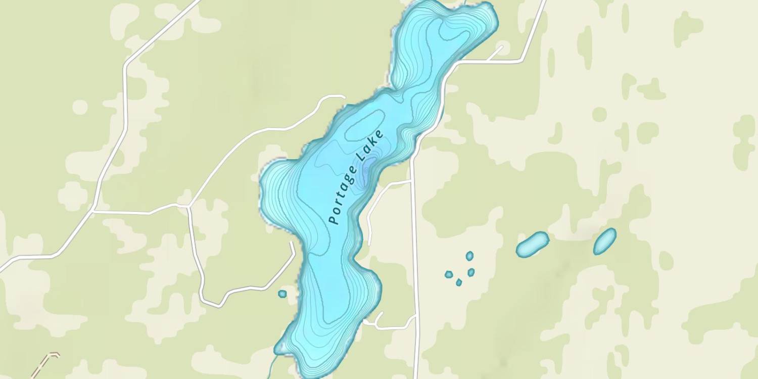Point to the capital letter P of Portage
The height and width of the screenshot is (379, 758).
(x=333, y=220)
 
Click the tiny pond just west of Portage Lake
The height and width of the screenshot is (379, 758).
(x=282, y=294)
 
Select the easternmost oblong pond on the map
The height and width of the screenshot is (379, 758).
(x=605, y=241)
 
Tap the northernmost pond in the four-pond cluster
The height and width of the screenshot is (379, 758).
(x=469, y=256)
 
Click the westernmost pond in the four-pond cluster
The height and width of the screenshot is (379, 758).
(x=448, y=274)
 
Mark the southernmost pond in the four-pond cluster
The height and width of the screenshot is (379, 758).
(x=459, y=282)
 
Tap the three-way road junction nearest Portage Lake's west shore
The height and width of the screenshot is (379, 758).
(x=188, y=206)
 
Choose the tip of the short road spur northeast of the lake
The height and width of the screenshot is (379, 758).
(x=502, y=47)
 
